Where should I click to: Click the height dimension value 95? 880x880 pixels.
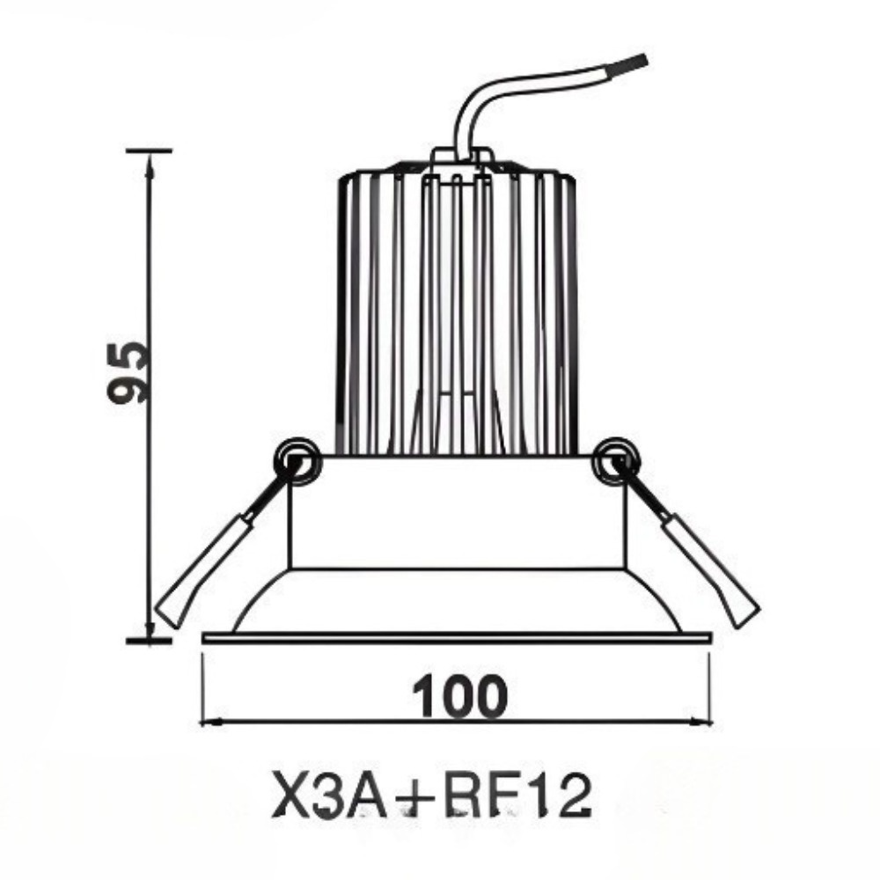126,370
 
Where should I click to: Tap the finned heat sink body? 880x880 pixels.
457,308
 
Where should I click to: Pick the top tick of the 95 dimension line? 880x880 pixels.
149,150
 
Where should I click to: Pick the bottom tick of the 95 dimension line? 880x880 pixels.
149,640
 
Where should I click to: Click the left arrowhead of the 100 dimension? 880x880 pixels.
208,722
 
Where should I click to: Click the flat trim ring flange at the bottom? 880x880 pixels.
457,637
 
